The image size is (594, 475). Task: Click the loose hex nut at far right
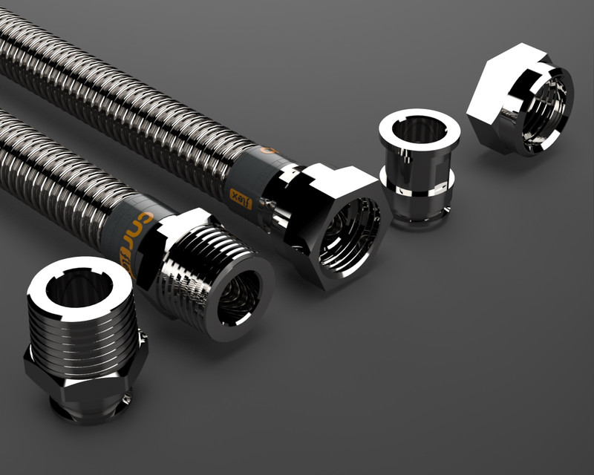(x=520, y=100)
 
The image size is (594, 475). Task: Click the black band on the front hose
(x=137, y=223)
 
